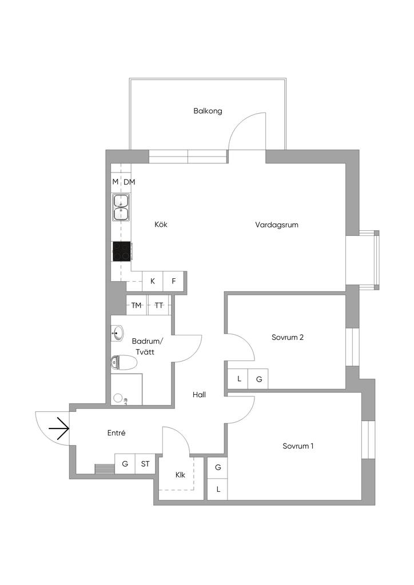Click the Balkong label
pos(208,111)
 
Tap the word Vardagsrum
pos(277,225)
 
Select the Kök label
pos(161,225)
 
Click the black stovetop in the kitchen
pos(122,251)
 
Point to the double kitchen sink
pos(121,207)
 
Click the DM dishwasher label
pos(130,182)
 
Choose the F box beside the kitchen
pos(174,281)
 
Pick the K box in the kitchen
pos(153,281)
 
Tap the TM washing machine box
pos(137,305)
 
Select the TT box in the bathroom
pos(159,305)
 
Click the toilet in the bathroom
pos(124,362)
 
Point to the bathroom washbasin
pos(117,333)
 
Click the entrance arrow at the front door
pos(59,428)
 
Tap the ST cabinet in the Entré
pos(145,464)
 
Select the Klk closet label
pos(180,475)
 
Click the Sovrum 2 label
pos(288,337)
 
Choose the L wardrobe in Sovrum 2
pos(239,379)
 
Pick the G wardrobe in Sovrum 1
pos(218,467)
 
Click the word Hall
pos(199,395)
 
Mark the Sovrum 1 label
pos(298,446)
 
